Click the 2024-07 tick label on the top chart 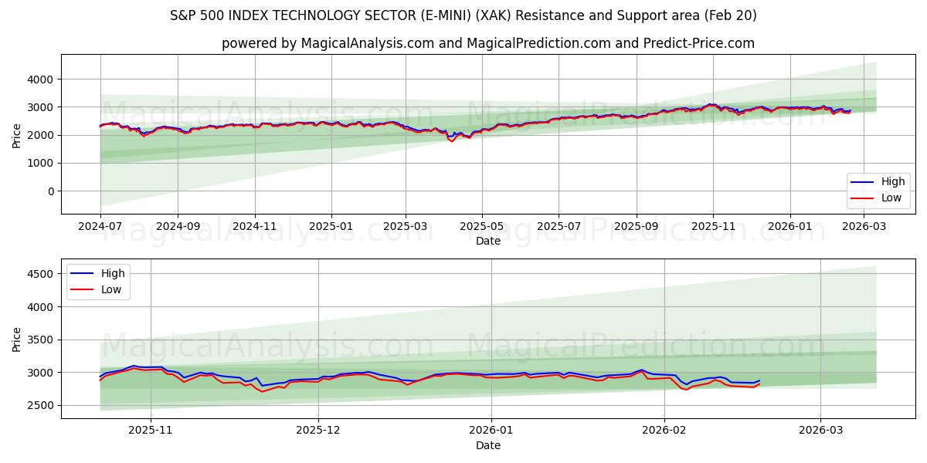click(x=100, y=227)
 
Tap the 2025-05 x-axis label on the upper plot click(x=482, y=227)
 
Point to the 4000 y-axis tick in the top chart click(x=39, y=79)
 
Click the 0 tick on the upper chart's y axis click(x=49, y=191)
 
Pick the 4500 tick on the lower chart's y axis click(x=39, y=274)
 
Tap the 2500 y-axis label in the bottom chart click(x=39, y=405)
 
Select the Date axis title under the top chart click(x=487, y=241)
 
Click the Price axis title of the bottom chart click(x=17, y=339)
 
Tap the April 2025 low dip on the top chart click(x=452, y=142)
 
